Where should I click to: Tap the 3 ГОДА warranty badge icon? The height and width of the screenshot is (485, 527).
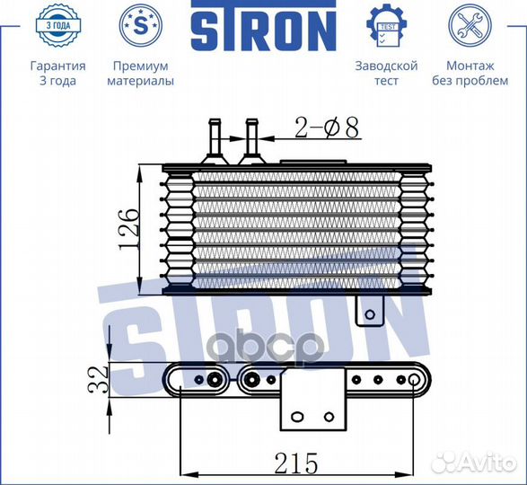click(x=58, y=25)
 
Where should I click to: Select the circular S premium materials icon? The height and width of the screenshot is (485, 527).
click(x=140, y=25)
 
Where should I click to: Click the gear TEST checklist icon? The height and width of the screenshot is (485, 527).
click(x=387, y=25)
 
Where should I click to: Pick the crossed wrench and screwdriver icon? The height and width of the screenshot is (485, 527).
click(x=470, y=25)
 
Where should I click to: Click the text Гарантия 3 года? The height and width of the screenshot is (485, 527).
click(x=57, y=73)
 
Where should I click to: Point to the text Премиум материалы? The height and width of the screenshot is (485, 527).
click(x=140, y=73)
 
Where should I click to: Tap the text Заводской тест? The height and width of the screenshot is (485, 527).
click(x=387, y=73)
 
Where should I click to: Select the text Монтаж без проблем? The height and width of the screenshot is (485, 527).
click(x=470, y=73)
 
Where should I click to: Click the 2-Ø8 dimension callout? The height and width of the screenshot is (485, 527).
click(x=327, y=128)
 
